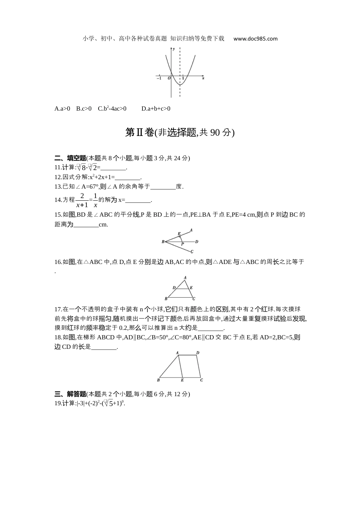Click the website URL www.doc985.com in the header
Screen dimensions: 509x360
255,39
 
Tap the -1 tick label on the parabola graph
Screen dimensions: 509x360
159,78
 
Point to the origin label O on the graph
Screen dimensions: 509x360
169,78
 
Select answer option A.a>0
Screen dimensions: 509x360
62,109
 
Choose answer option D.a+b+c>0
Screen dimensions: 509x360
156,109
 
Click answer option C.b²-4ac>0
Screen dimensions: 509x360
112,109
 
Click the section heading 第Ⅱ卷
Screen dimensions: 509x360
139,133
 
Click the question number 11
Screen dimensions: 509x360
58,167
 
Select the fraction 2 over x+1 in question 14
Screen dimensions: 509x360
82,200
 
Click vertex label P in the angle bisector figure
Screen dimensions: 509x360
183,245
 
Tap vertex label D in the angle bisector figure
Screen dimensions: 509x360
197,242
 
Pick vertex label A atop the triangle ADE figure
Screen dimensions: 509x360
185,278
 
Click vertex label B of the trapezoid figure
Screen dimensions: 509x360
158,380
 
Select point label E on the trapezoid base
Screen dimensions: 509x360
182,380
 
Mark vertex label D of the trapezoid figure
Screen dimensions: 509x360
197,353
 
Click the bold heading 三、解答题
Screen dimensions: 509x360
70,394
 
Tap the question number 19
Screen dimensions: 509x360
58,403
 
